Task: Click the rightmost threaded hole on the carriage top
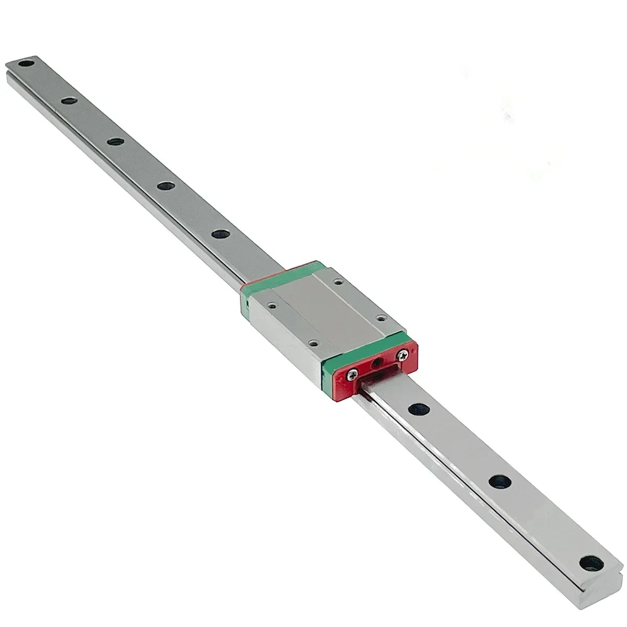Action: (x=381, y=317)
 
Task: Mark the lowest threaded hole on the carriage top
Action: (x=312, y=343)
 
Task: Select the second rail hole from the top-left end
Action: (x=67, y=99)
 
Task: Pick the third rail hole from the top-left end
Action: (x=115, y=142)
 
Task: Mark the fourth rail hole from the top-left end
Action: (x=166, y=186)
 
